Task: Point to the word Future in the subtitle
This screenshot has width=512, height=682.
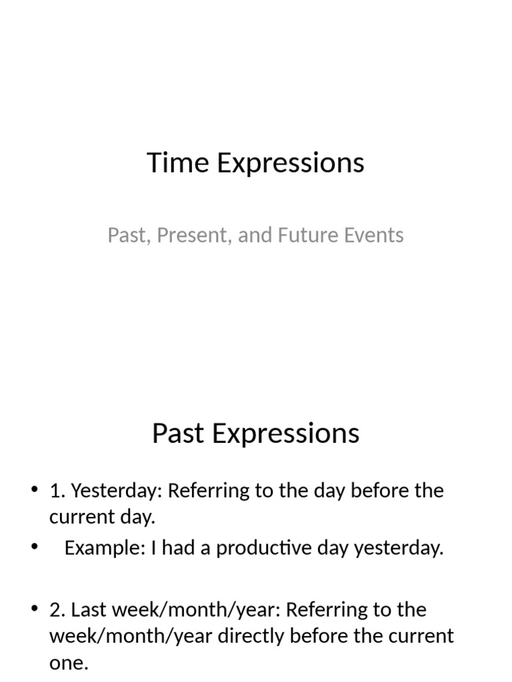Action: point(300,235)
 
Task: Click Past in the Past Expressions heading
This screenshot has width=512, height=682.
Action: point(176,434)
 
